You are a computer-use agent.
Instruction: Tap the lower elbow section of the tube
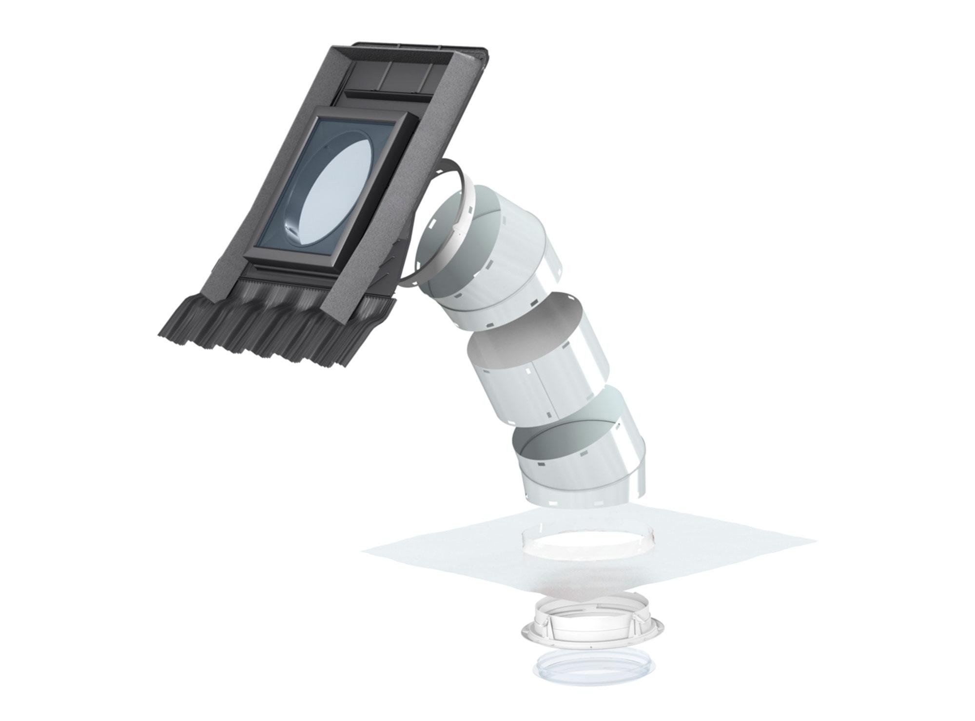585,468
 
